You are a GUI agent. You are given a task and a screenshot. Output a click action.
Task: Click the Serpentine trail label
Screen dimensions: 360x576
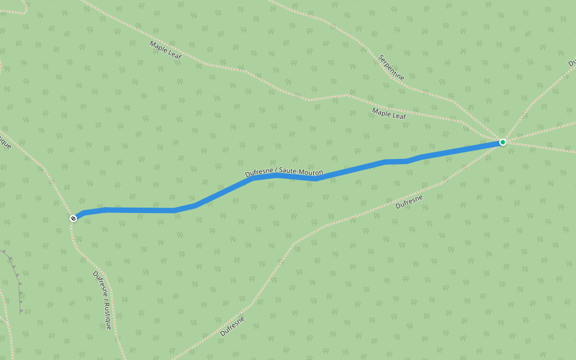click(x=391, y=67)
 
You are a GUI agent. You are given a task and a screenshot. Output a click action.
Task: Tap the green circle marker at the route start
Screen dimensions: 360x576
click(x=503, y=142)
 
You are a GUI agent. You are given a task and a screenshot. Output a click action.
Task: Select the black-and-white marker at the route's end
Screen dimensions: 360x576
click(x=73, y=218)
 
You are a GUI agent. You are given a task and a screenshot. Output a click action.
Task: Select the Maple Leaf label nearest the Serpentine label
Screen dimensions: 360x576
click(x=389, y=114)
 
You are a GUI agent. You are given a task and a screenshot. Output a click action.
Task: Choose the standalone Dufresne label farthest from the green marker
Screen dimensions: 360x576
click(x=232, y=326)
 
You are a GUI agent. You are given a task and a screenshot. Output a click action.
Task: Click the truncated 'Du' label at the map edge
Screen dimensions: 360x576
click(x=571, y=62)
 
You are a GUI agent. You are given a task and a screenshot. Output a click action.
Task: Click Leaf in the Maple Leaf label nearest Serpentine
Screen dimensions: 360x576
click(x=399, y=115)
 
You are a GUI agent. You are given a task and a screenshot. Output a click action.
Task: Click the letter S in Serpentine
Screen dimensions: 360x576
click(x=380, y=58)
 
